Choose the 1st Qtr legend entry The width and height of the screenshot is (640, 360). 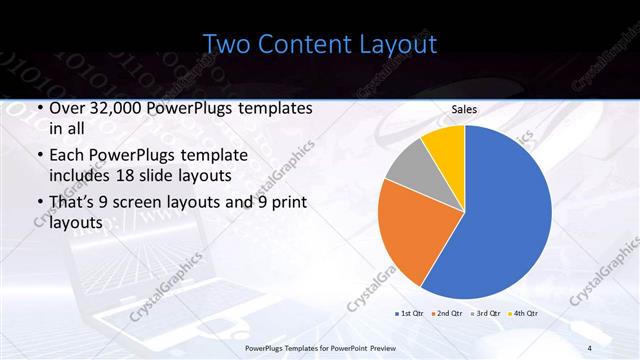coord(412,314)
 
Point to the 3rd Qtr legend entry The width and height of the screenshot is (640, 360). coord(487,314)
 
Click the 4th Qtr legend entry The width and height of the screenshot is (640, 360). coord(525,314)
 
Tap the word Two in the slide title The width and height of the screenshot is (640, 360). coord(229,44)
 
